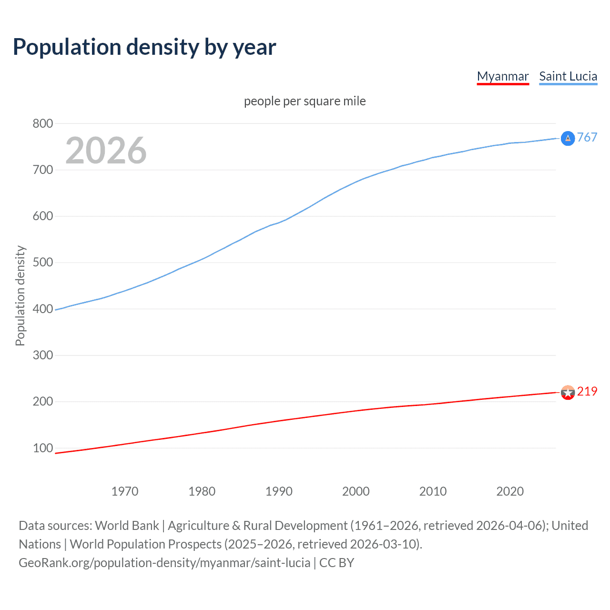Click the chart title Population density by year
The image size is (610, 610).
(144, 47)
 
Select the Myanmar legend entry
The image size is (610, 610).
(503, 76)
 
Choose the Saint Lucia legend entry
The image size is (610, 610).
(568, 76)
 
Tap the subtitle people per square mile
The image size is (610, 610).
(305, 101)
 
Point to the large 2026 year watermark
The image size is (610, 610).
(106, 151)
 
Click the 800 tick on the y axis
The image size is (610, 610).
(42, 123)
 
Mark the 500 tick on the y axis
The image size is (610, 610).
(42, 263)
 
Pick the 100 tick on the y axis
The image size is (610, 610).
(42, 448)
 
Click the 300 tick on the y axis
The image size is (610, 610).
(42, 355)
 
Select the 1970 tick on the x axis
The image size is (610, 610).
(125, 491)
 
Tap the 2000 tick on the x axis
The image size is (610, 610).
(356, 491)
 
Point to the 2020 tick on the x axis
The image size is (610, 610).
(510, 491)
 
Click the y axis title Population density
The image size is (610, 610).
(20, 295)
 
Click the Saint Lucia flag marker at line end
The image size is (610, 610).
(568, 138)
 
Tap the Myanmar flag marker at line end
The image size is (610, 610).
(568, 393)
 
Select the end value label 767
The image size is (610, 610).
(587, 137)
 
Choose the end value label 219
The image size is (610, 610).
(587, 391)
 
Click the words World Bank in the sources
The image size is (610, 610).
(127, 525)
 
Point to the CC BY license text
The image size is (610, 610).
(336, 562)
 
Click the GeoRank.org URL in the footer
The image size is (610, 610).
(164, 562)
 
